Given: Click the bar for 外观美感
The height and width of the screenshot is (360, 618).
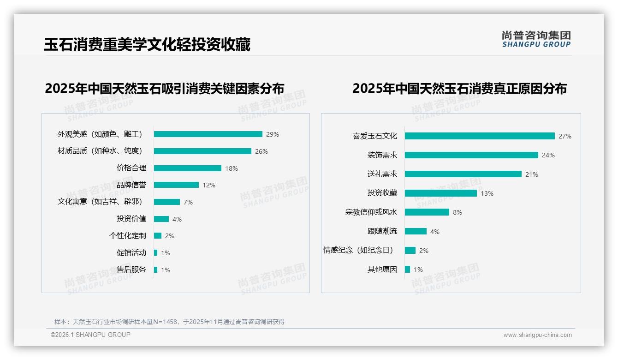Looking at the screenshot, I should (x=208, y=134).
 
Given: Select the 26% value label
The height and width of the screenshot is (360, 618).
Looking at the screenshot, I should (x=261, y=151).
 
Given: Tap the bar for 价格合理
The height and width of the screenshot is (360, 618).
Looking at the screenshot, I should (x=188, y=168).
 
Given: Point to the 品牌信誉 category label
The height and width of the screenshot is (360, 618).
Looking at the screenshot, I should (x=131, y=185).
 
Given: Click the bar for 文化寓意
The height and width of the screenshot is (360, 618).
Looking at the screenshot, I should (x=167, y=202).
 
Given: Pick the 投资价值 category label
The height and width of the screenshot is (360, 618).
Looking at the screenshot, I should (x=131, y=219).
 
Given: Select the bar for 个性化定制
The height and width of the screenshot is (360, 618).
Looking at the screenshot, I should (x=158, y=236).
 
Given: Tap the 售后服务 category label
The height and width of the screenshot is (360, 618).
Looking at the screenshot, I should (x=131, y=270).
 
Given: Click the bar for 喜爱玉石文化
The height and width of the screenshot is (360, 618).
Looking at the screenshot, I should (x=480, y=136).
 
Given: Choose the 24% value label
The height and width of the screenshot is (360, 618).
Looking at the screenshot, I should (x=548, y=156).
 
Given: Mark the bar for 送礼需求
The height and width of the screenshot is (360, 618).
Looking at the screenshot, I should (x=463, y=174).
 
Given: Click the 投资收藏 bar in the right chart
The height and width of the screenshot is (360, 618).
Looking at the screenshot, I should (x=441, y=193).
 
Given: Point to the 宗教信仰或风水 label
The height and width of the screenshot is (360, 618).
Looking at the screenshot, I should (x=371, y=212).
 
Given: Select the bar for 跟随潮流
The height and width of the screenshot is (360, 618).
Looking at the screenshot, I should (x=416, y=231).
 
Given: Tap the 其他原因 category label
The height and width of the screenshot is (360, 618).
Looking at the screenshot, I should (x=382, y=270).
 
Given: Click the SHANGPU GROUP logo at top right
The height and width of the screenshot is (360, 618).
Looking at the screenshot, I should (x=536, y=39).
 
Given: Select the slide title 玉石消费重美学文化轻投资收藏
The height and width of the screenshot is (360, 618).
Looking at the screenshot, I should (x=147, y=44).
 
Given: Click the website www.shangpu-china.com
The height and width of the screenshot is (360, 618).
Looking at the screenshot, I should (x=537, y=335).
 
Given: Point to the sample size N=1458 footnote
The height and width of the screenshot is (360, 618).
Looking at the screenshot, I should (x=169, y=322).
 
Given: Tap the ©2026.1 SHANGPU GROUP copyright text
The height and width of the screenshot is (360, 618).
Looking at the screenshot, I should (x=90, y=335).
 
